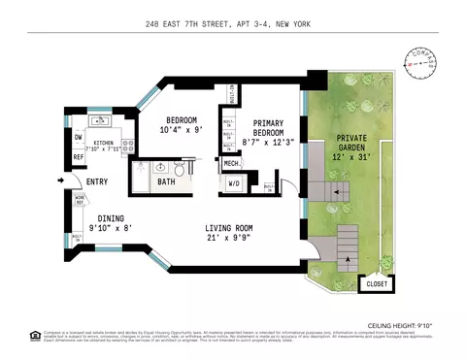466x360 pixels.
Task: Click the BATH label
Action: tap(166, 181)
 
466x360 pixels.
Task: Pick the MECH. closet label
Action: tap(232, 164)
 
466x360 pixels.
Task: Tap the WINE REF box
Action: tap(81, 200)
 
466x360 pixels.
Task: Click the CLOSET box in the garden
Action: tap(376, 284)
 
